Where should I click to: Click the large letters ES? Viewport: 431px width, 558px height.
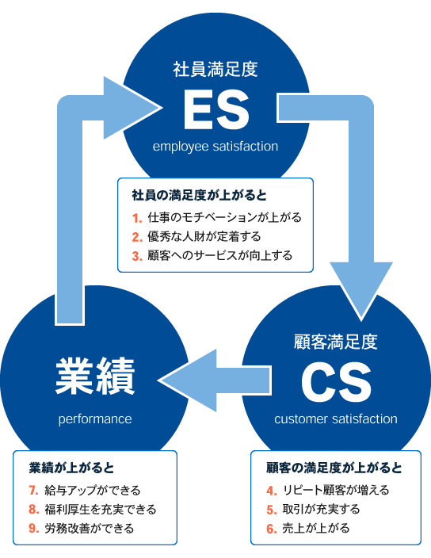click(x=215, y=109)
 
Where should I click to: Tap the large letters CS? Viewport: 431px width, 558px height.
click(x=336, y=382)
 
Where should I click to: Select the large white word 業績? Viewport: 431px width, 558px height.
click(x=95, y=376)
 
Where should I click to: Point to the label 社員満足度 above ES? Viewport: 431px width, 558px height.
click(x=215, y=69)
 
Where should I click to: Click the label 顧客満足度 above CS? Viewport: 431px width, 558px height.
click(x=336, y=342)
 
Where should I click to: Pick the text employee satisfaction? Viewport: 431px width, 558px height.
click(x=215, y=147)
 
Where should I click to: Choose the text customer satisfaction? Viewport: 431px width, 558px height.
click(x=336, y=418)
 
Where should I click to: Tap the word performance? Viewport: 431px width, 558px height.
click(x=95, y=419)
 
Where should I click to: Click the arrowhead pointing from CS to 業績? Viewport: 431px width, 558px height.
click(x=188, y=380)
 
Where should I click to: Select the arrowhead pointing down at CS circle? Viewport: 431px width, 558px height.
click(x=361, y=290)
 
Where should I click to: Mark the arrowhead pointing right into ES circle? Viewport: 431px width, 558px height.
click(x=132, y=108)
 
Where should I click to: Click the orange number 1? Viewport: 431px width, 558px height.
click(x=137, y=218)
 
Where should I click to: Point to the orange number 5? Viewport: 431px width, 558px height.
click(x=271, y=510)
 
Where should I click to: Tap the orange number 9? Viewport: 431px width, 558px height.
click(x=33, y=529)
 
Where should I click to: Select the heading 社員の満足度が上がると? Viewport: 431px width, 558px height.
click(x=199, y=195)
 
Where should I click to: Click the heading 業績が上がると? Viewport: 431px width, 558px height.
click(x=71, y=468)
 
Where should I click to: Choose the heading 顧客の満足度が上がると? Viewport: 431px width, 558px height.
click(x=334, y=468)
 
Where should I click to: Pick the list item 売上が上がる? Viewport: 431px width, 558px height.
click(x=316, y=528)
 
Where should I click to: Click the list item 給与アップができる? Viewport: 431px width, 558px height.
click(x=93, y=491)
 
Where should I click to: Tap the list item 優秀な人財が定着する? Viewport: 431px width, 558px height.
click(x=204, y=237)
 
